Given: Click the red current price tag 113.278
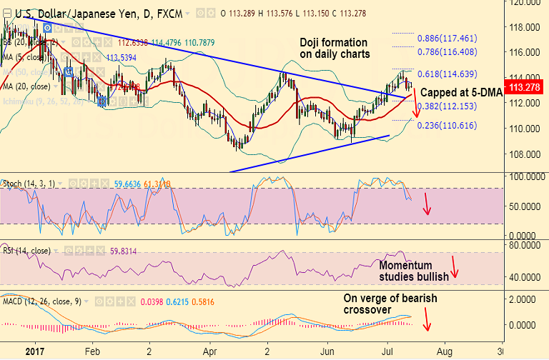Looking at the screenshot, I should (528, 87).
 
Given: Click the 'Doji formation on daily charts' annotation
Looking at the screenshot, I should (335, 48).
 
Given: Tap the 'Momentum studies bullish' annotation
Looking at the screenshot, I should (414, 271).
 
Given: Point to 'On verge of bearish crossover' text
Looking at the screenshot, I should (390, 304).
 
